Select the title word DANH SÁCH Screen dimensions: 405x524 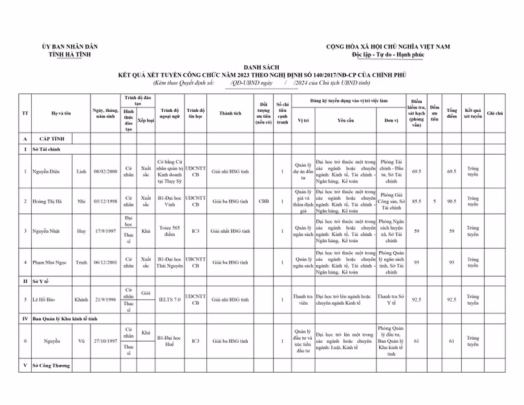(x=261, y=67)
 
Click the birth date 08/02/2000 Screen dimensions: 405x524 (x=104, y=171)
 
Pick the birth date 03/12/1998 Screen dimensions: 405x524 (x=104, y=201)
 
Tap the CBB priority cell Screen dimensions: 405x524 (x=263, y=201)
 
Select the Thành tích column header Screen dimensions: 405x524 (x=230, y=113)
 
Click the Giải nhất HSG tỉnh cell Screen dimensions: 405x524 (x=230, y=230)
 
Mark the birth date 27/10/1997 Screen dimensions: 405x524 (x=104, y=341)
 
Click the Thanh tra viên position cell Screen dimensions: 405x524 (x=303, y=300)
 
